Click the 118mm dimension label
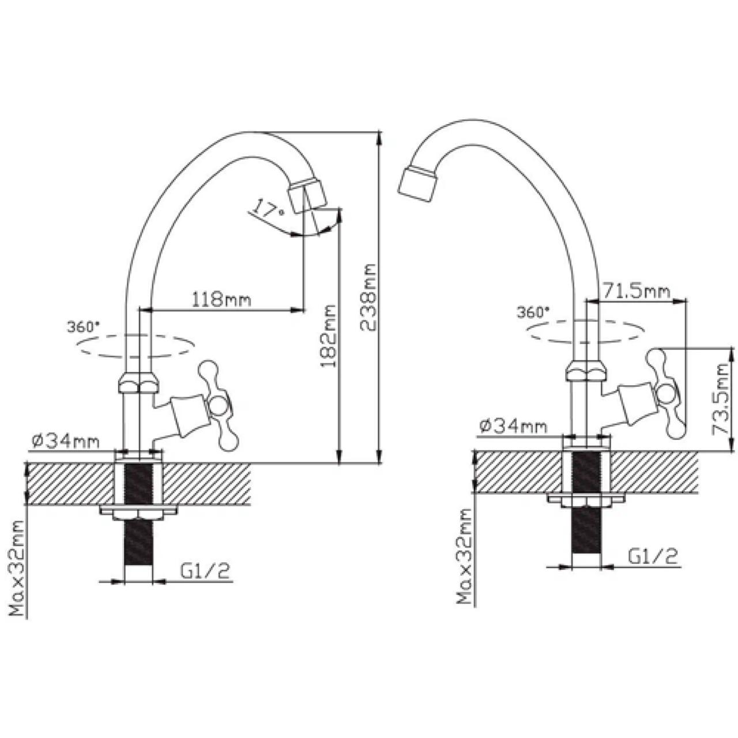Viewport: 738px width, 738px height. pyautogui.click(x=221, y=299)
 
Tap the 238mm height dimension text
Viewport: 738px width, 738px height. pyautogui.click(x=368, y=297)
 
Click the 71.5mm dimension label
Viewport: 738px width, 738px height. pyautogui.click(x=637, y=291)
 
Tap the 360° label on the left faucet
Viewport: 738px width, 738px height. pyautogui.click(x=84, y=327)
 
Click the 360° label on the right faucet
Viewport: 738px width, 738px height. pyautogui.click(x=533, y=312)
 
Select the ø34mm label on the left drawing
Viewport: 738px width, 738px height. pyautogui.click(x=66, y=442)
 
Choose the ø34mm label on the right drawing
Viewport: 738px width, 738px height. pyautogui.click(x=513, y=426)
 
